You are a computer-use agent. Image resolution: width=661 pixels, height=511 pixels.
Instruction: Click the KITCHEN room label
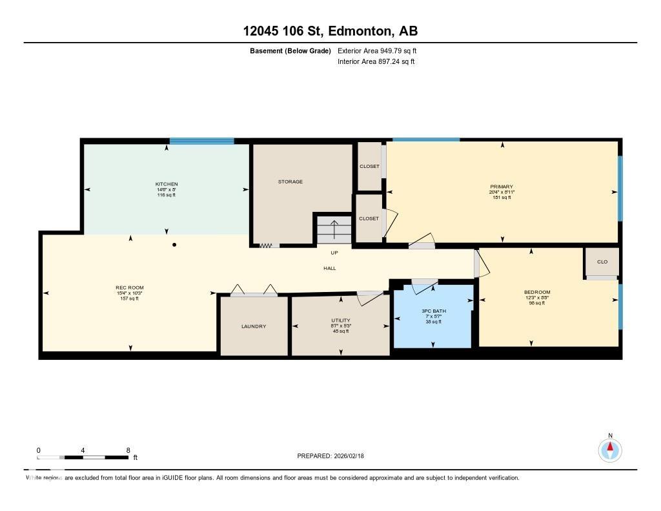pyautogui.click(x=166, y=184)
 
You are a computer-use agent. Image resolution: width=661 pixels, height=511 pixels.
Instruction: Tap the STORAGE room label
pyautogui.click(x=290, y=182)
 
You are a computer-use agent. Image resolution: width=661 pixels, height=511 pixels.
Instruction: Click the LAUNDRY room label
pyautogui.click(x=254, y=326)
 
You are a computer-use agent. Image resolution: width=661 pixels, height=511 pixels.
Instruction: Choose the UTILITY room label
pyautogui.click(x=340, y=320)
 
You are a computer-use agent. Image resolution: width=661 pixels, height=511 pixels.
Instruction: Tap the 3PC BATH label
pyautogui.click(x=434, y=311)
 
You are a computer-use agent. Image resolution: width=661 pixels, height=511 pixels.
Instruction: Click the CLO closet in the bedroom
pyautogui.click(x=602, y=262)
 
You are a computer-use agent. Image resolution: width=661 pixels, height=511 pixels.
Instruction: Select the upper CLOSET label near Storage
pyautogui.click(x=369, y=166)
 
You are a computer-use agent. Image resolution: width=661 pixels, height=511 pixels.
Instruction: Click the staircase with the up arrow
pyautogui.click(x=334, y=229)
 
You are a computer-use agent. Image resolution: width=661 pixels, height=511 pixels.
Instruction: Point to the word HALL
pyautogui.click(x=330, y=268)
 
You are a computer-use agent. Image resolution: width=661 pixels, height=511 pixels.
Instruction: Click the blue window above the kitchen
pyautogui.click(x=201, y=141)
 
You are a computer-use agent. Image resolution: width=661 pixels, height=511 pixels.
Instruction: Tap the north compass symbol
pyautogui.click(x=609, y=450)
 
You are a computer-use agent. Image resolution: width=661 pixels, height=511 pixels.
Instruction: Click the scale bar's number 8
pyautogui.click(x=128, y=450)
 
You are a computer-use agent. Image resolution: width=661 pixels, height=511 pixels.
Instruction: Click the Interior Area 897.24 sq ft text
pyautogui.click(x=376, y=62)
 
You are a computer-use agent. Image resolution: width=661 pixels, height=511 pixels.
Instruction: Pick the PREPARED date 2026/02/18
pyautogui.click(x=354, y=456)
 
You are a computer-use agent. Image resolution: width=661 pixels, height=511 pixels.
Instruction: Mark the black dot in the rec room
pyautogui.click(x=174, y=245)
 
